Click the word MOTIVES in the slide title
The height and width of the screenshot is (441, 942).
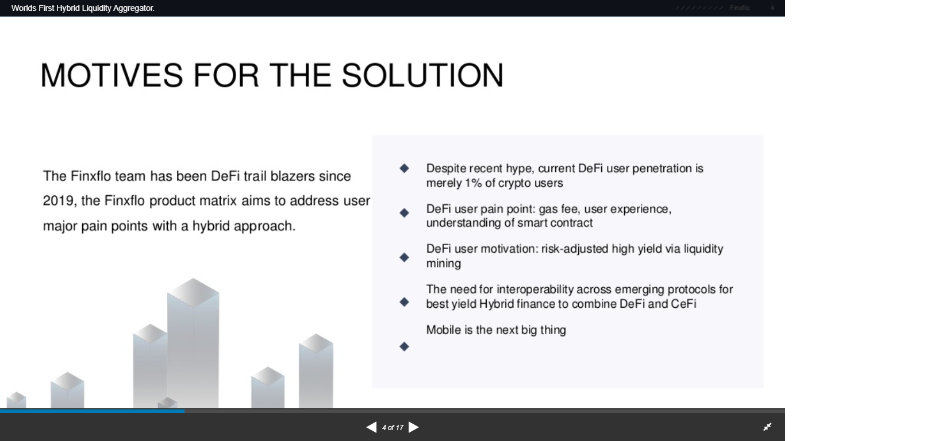point(112,76)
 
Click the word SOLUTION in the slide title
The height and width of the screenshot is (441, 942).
point(422,76)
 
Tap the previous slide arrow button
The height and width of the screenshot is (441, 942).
point(371,427)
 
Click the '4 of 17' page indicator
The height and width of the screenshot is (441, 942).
point(393,428)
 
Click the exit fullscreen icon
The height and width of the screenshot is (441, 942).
point(767,427)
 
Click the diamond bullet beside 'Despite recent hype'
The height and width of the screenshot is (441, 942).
point(404,168)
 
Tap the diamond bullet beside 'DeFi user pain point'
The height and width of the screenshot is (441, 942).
point(404,213)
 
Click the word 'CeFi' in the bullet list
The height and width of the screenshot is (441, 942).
point(683,304)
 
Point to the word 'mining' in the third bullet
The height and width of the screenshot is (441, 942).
point(444,264)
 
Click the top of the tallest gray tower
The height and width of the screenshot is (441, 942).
point(193,279)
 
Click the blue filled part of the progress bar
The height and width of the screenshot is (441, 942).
point(92,411)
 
